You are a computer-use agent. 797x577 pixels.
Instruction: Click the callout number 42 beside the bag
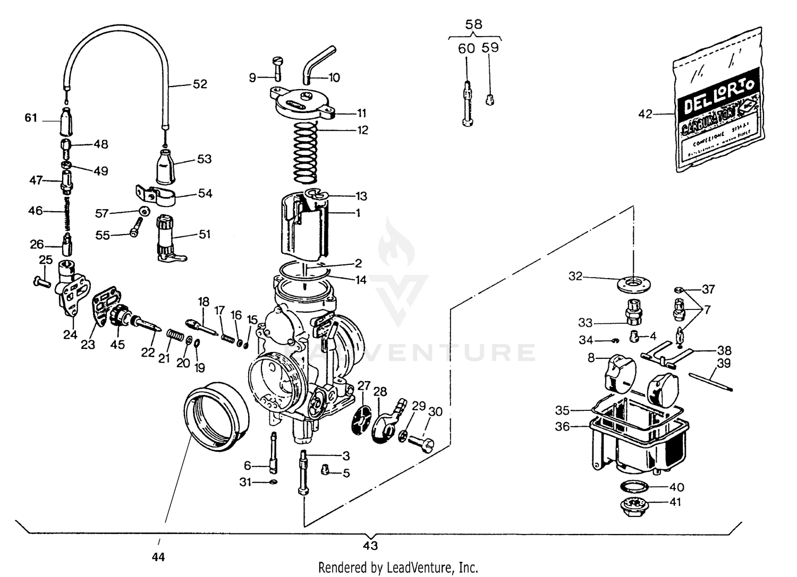645,114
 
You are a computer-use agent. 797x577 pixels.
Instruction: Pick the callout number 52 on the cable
200,84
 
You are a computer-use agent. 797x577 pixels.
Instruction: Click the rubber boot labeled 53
166,166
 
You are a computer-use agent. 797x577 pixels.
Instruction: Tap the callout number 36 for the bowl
562,426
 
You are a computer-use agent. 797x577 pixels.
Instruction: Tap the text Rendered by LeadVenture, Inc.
398,567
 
